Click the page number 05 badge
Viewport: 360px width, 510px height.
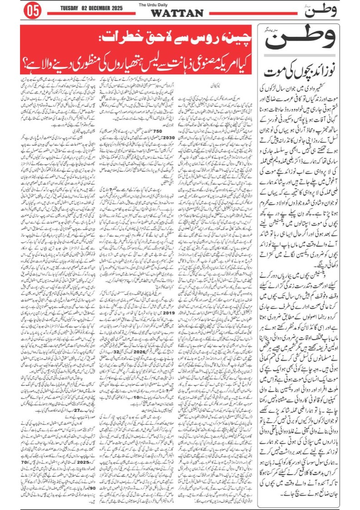(35, 10)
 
